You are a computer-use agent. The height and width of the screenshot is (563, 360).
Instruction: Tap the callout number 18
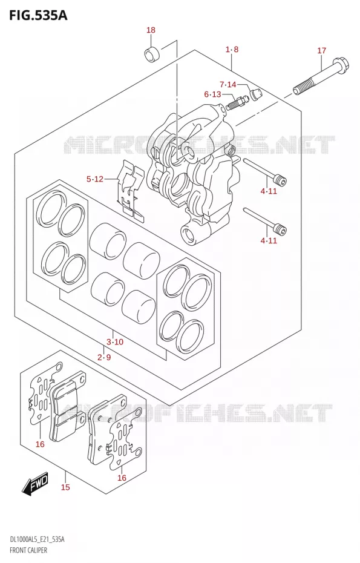point(151,30)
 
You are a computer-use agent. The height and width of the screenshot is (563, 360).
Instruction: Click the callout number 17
point(322,50)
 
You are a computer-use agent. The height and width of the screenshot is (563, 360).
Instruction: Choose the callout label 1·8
point(232,49)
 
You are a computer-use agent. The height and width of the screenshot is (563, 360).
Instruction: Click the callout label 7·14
point(228,84)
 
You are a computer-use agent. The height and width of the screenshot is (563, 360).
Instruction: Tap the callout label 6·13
point(212,94)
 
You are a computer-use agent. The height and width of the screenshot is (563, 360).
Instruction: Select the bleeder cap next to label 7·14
point(256,94)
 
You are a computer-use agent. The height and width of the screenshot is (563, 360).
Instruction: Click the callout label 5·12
point(95,179)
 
